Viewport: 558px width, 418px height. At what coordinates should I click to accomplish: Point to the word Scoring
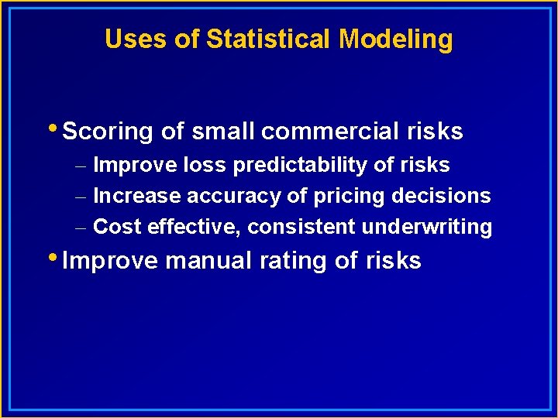pyautogui.click(x=108, y=132)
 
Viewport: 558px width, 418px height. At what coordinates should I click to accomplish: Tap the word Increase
pyautogui.click(x=137, y=196)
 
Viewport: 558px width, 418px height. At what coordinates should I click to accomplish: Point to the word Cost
pyautogui.click(x=117, y=227)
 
